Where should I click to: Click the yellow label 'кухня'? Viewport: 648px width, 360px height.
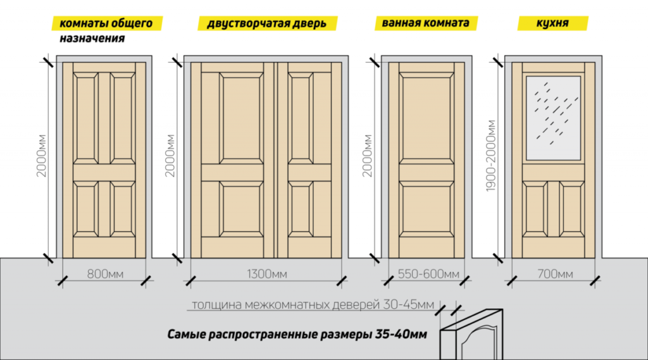pos(552,23)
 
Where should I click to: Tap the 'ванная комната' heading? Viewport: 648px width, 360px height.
pos(426,23)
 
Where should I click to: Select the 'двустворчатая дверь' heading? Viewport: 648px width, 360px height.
pos(267,23)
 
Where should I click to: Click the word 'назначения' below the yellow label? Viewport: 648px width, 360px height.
pos(92,39)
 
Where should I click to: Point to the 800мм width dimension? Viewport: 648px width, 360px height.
pos(105,274)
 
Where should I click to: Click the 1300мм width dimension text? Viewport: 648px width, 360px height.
pos(266,274)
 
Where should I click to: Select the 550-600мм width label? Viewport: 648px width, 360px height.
pos(428,274)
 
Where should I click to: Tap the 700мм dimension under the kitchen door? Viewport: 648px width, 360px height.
pos(555,274)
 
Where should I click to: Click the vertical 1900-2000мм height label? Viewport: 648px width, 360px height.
pos(490,156)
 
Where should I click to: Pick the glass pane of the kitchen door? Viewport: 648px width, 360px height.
pos(553,118)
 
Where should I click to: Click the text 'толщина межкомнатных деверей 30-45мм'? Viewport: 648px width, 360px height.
pos(313,305)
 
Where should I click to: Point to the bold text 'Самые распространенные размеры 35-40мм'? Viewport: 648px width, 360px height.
pos(297,334)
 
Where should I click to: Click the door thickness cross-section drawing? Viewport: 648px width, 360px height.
pos(471,334)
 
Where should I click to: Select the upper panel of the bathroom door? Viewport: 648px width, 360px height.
pos(427,118)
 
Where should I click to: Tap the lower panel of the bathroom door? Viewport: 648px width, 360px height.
pos(427,209)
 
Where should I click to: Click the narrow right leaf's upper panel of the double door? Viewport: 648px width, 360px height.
pos(301,118)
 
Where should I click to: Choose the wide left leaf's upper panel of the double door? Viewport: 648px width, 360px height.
pos(241,118)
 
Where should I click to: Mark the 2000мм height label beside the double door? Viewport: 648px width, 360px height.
pos(170,156)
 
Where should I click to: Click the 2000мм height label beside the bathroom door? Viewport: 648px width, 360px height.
pos(368,156)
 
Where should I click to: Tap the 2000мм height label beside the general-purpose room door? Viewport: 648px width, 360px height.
pos(41,156)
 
